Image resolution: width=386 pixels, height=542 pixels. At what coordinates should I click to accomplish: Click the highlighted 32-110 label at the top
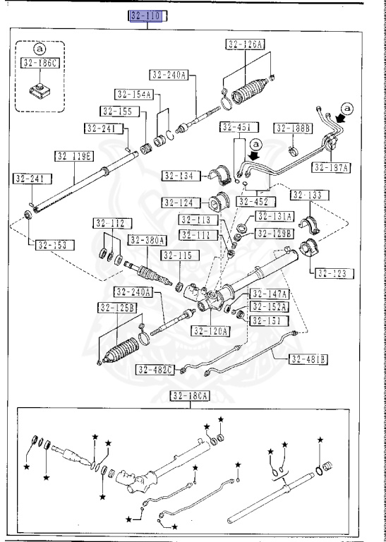pyautogui.click(x=146, y=16)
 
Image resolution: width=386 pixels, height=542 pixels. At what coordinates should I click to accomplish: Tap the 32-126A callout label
pyautogui.click(x=245, y=44)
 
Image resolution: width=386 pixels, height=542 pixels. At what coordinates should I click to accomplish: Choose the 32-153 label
pyautogui.click(x=52, y=246)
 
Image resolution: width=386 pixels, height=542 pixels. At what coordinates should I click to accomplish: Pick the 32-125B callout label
pyautogui.click(x=116, y=307)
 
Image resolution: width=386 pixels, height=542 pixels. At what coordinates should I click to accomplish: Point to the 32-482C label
pyautogui.click(x=155, y=369)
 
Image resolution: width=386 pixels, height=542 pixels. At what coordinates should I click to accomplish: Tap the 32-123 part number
pyautogui.click(x=334, y=272)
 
